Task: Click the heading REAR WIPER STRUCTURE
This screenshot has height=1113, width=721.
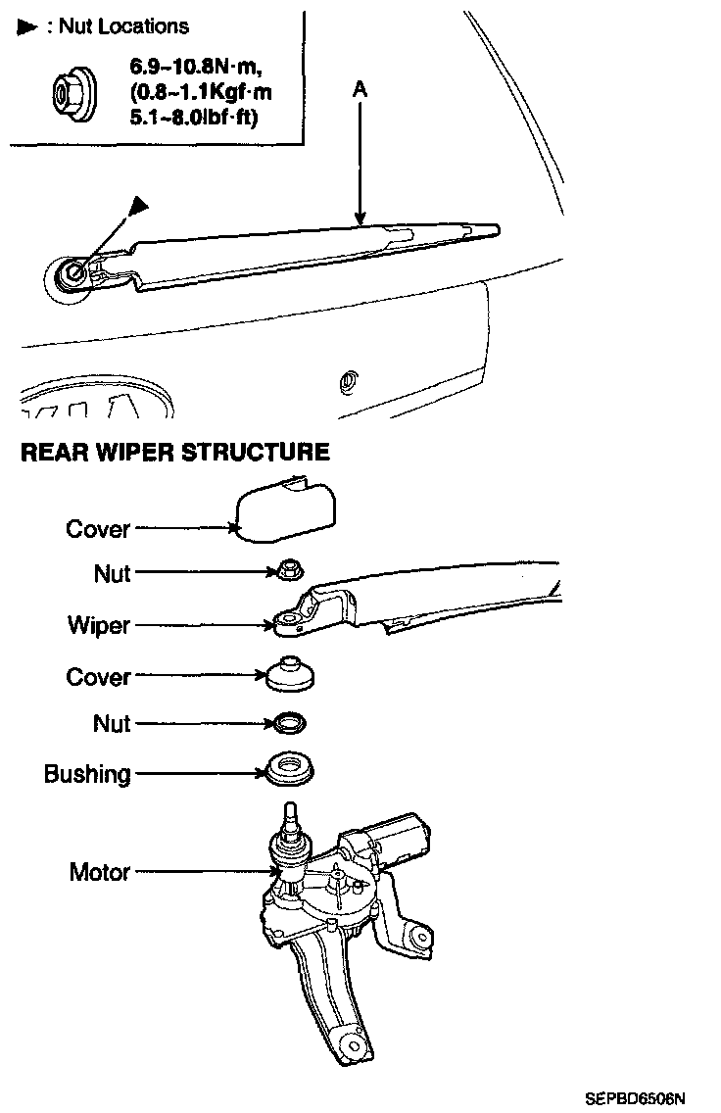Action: (175, 453)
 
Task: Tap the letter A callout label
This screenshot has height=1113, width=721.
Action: (360, 88)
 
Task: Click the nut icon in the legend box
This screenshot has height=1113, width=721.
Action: (68, 94)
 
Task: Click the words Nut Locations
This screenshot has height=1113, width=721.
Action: (123, 26)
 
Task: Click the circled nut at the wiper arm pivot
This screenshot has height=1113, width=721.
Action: (70, 273)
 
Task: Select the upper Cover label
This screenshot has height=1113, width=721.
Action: (98, 529)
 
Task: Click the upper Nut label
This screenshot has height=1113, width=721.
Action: (112, 573)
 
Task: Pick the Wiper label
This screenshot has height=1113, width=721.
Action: (99, 625)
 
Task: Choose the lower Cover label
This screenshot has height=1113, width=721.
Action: (98, 677)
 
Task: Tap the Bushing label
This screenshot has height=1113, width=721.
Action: (87, 774)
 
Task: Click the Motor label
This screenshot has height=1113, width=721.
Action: (100, 871)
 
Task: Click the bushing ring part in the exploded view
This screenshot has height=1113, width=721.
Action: (290, 768)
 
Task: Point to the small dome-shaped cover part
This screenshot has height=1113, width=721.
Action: (290, 672)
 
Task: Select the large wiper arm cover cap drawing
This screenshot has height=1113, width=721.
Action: (284, 508)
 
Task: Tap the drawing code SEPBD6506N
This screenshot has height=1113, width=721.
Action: (635, 1098)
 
